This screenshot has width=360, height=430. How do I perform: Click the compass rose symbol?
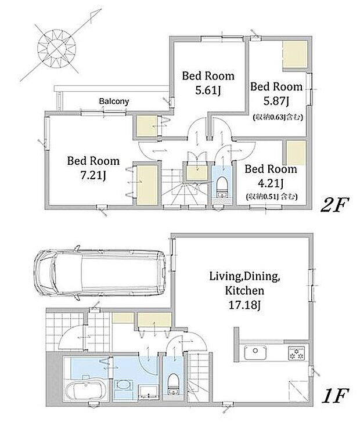coord(57,48)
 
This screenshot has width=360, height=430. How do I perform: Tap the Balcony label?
coord(114,102)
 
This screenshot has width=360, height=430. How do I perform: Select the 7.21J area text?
coord(93,175)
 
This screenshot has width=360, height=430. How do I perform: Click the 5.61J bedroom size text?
coord(208,90)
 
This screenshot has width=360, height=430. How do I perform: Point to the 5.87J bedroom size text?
coord(276,102)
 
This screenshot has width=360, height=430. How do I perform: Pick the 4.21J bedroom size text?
coord(271,183)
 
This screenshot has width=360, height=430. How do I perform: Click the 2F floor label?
coord(334,205)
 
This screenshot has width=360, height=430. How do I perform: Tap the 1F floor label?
coord(335,396)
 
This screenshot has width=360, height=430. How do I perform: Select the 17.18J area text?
coord(244,305)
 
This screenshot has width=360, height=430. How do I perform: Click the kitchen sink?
coord(255,352)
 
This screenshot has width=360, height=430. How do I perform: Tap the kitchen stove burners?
coord(296,353)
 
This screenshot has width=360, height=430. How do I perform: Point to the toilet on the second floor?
coord(222,187)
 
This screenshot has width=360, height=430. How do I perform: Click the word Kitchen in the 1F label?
coord(244,290)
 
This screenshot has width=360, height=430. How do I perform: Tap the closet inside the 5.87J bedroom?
coord(295,54)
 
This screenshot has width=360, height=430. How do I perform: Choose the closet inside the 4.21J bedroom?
coord(296,153)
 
